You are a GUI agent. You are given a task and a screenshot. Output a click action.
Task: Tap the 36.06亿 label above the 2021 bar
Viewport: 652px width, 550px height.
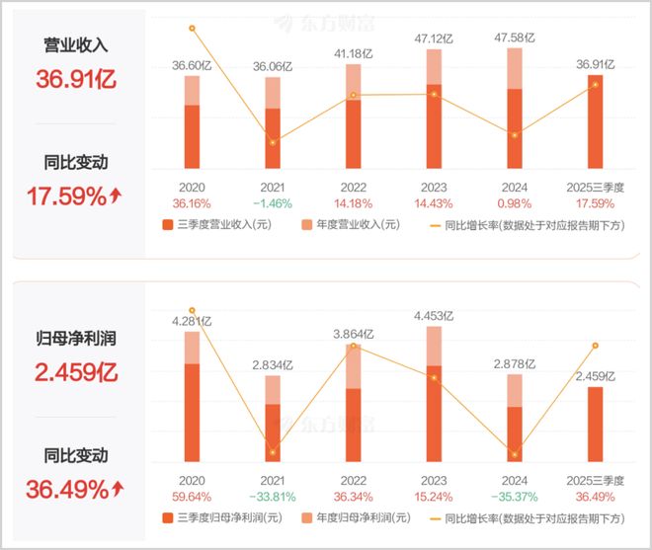[x=273, y=67]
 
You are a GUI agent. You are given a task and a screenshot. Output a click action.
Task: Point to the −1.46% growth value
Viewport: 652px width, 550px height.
[x=273, y=203]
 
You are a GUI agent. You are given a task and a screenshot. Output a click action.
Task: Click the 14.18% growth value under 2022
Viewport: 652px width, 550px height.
[x=354, y=203]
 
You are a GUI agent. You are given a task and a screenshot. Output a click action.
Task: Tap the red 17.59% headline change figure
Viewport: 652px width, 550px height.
[x=74, y=196]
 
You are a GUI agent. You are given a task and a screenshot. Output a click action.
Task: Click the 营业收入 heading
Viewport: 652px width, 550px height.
[x=75, y=46]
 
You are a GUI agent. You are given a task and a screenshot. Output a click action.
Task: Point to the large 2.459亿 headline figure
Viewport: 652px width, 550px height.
[x=75, y=373]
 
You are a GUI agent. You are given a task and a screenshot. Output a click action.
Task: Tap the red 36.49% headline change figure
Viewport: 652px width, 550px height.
[x=74, y=488]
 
